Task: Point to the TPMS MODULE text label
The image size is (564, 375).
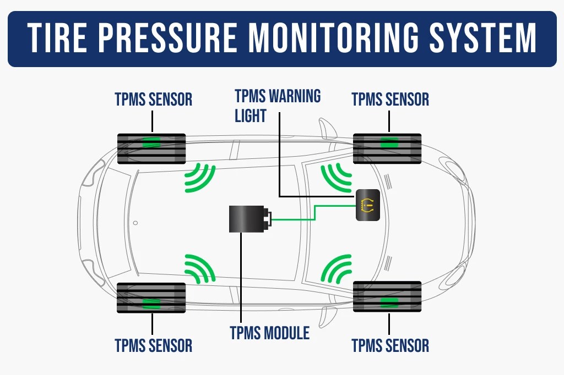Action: (x=269, y=333)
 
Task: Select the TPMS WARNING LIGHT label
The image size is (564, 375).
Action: (x=277, y=106)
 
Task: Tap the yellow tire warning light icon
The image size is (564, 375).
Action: (x=367, y=206)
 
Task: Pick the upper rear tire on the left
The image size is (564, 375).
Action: (x=151, y=148)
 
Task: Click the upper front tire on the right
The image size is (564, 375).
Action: (x=387, y=148)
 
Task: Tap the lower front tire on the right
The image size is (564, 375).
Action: (x=387, y=297)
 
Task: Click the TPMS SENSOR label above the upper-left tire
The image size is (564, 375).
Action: (x=153, y=100)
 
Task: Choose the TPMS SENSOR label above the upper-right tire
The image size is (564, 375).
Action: (x=390, y=100)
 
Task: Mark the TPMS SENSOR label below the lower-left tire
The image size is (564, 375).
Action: (x=153, y=346)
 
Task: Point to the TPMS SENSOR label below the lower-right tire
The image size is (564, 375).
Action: (x=390, y=346)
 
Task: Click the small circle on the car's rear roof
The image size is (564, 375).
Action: (x=135, y=223)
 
